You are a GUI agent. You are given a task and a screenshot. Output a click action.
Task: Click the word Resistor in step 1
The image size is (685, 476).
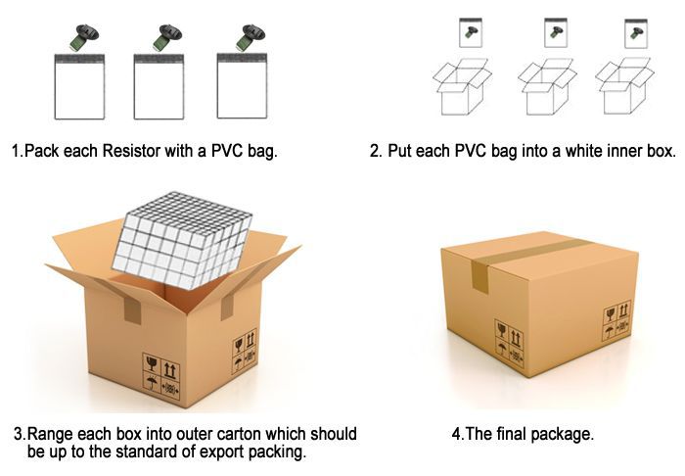(131, 151)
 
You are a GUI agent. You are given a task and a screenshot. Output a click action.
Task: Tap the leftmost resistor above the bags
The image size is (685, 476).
(84, 37)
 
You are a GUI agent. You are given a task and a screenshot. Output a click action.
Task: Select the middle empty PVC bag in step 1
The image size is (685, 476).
(159, 86)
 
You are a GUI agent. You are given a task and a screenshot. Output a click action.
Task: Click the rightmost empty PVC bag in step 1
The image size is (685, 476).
(242, 85)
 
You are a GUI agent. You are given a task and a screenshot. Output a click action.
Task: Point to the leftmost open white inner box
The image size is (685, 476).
(462, 87)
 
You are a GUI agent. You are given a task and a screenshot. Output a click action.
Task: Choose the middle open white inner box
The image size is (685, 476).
(547, 87)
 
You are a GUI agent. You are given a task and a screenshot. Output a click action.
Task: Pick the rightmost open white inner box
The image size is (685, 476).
(624, 86)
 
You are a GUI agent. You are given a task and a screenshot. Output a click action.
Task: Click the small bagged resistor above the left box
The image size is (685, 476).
(471, 32)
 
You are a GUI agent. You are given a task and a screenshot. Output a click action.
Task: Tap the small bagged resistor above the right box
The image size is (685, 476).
(636, 33)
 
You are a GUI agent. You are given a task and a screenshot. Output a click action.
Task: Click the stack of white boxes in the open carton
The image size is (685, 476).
(182, 240)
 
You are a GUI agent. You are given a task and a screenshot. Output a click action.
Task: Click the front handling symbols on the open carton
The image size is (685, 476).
(161, 376)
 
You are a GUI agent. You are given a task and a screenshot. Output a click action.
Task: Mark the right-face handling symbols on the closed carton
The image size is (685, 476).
(617, 320)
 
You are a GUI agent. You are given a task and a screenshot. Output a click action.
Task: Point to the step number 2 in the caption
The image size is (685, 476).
(376, 151)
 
